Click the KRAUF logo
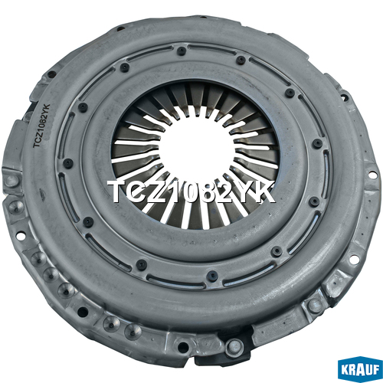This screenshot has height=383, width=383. [x=360, y=368]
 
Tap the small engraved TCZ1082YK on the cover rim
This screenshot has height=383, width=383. [x=41, y=126]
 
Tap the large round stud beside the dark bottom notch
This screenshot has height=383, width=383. [x=234, y=346]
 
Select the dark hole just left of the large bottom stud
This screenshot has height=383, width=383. [x=183, y=346]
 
